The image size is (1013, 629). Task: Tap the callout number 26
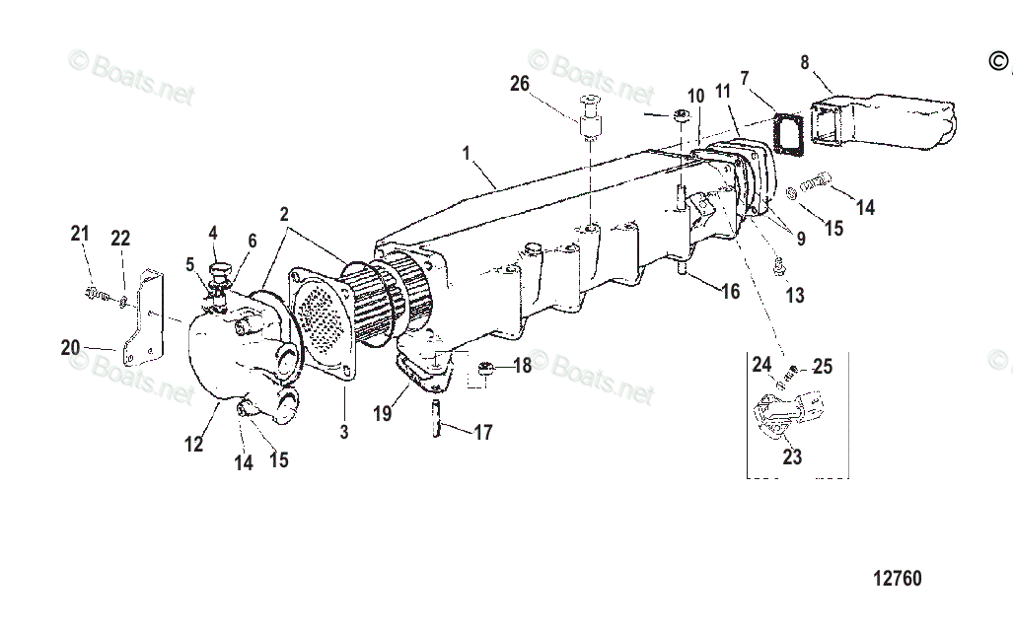pos(520,84)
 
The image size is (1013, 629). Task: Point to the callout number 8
pos(805,63)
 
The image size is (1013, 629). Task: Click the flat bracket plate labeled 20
pos(144,314)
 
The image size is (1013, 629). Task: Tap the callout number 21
pos(80,234)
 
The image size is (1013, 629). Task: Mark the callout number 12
pos(194,445)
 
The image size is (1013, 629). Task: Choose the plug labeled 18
pos(486,370)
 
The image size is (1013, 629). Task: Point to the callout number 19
pos(382,414)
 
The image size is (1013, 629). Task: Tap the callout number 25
pos(822,367)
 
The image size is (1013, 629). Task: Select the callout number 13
pos(795,295)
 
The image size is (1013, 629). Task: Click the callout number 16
pos(729,291)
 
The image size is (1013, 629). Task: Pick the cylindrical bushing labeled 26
pos(590,126)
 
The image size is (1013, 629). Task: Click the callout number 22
pos(119,238)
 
